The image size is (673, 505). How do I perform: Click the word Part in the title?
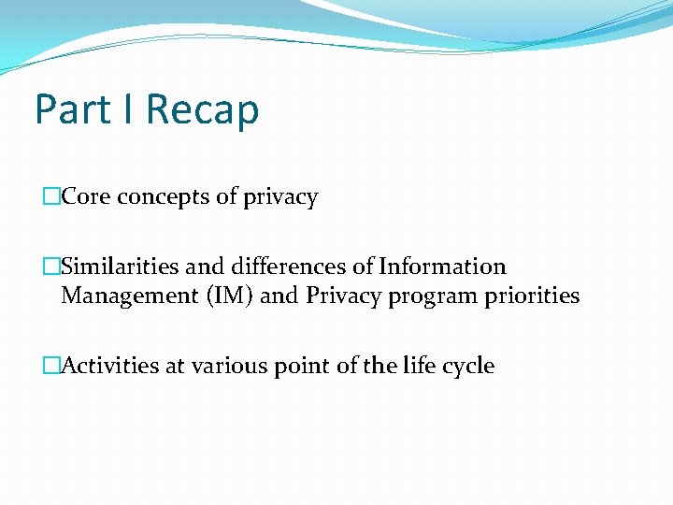[x=72, y=109]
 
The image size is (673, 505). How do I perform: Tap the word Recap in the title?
[x=202, y=109]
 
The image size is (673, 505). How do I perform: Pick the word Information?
[x=442, y=267]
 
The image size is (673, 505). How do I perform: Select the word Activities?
[x=110, y=366]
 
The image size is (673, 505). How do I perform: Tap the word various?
[x=228, y=366]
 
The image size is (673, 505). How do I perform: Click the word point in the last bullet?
[x=302, y=367]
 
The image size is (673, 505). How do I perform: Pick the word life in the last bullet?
[x=418, y=366]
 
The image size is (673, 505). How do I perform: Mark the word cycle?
[x=467, y=367]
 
